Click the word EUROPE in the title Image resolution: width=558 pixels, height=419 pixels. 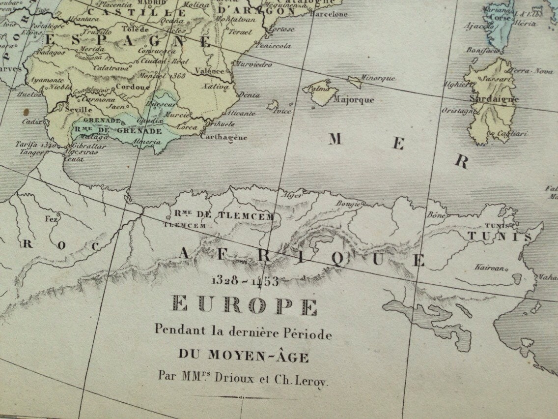[x=245, y=305]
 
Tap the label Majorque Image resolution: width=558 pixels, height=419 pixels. [x=354, y=99]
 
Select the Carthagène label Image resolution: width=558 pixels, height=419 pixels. [x=223, y=137]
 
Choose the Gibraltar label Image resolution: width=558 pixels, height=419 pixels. [x=88, y=147]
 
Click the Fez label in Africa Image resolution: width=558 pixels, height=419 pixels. [x=50, y=219]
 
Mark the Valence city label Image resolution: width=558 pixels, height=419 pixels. [x=210, y=71]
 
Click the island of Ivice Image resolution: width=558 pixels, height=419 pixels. [x=282, y=111]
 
